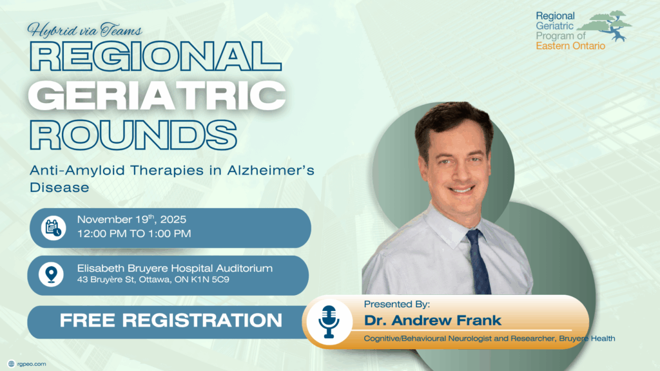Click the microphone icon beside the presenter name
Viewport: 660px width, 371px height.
pos(329,322)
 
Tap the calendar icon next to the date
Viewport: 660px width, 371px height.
pos(53,227)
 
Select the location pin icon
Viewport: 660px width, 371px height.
pos(52,274)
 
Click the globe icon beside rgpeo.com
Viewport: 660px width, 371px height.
pos(12,364)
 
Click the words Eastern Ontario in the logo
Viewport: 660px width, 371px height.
pos(570,46)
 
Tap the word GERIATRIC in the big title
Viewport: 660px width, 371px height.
pos(157,95)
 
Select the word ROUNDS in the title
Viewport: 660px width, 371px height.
pos(133,135)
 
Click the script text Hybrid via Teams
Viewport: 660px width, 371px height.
pos(84,30)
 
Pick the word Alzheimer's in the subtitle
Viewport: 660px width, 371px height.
pos(271,170)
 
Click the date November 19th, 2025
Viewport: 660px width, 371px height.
pos(131,219)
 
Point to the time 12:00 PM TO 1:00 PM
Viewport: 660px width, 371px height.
pos(134,233)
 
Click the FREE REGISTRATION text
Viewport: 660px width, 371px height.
pos(171,321)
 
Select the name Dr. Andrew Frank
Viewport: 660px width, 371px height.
pos(432,321)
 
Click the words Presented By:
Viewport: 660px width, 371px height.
pos(397,304)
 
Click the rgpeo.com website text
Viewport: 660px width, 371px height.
pos(32,364)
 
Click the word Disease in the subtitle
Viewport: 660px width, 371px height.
pos(59,187)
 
